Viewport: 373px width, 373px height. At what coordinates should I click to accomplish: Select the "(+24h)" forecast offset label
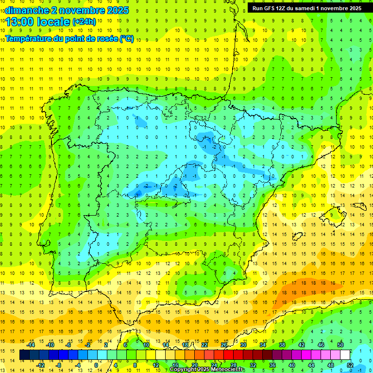click(x=84, y=22)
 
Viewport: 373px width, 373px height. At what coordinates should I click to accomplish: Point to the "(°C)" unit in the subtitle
click(x=126, y=39)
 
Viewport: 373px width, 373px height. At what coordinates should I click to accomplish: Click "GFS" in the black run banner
click(x=271, y=8)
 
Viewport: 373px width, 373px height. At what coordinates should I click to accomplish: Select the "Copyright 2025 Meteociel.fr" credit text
click(x=207, y=370)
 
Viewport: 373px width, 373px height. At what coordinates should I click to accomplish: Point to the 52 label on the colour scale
click(x=350, y=365)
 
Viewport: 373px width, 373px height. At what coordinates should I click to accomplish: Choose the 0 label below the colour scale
click(x=96, y=365)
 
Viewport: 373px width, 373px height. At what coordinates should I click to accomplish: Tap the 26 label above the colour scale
click(x=224, y=345)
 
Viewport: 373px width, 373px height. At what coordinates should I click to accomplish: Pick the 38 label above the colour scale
click(x=282, y=345)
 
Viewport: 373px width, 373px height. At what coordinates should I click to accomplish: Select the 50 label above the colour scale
click(x=340, y=345)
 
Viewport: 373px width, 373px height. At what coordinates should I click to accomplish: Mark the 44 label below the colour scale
click(x=311, y=365)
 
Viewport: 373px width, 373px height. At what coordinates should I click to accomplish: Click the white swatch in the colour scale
click(x=345, y=355)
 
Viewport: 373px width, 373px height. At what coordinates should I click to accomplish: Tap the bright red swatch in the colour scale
click(x=229, y=355)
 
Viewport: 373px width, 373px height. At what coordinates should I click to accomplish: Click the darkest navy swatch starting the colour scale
click(x=24, y=355)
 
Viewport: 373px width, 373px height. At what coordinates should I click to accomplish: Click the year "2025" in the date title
click(x=117, y=10)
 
